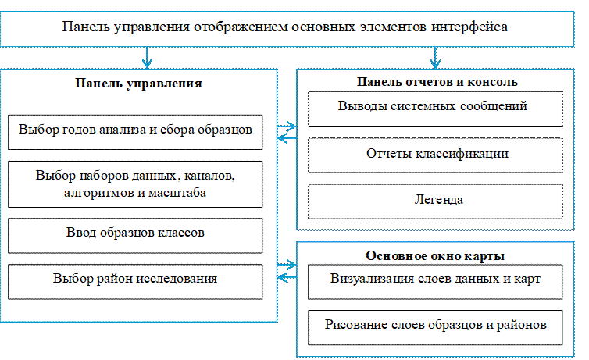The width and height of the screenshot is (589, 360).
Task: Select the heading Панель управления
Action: point(139,83)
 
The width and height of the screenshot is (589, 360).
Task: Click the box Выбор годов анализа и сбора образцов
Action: point(134,130)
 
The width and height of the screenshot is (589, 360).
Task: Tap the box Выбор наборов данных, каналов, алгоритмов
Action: point(134,184)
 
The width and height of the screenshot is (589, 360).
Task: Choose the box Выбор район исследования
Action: point(134,279)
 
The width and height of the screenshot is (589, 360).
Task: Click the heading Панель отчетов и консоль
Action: point(437,80)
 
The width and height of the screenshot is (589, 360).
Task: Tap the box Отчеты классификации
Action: point(435,154)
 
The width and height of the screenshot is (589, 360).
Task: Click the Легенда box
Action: point(435,200)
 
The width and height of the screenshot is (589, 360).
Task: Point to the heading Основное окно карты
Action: point(434,256)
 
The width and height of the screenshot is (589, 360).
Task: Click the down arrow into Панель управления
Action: point(147,57)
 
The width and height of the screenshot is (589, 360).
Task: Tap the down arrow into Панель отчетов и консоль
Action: point(435,57)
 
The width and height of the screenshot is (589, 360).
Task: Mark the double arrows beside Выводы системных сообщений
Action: point(287,130)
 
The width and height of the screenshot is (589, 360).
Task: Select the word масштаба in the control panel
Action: point(178,192)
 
